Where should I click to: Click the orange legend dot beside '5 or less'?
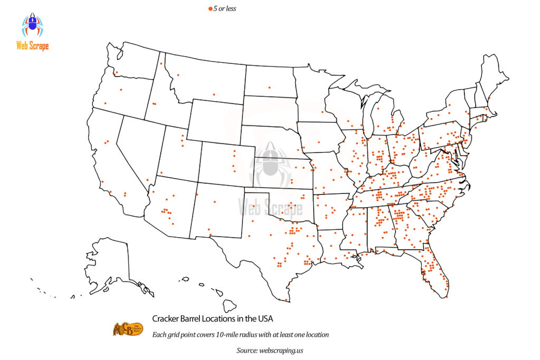coord(210,8)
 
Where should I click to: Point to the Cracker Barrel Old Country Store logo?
coord(128,328)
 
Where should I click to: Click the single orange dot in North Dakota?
coord(269,87)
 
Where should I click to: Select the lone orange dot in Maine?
coord(489,98)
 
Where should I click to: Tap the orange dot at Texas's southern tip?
coord(286,300)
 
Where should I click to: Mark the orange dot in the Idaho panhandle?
coord(160,64)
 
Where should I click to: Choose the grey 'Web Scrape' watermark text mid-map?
coord(271,207)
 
